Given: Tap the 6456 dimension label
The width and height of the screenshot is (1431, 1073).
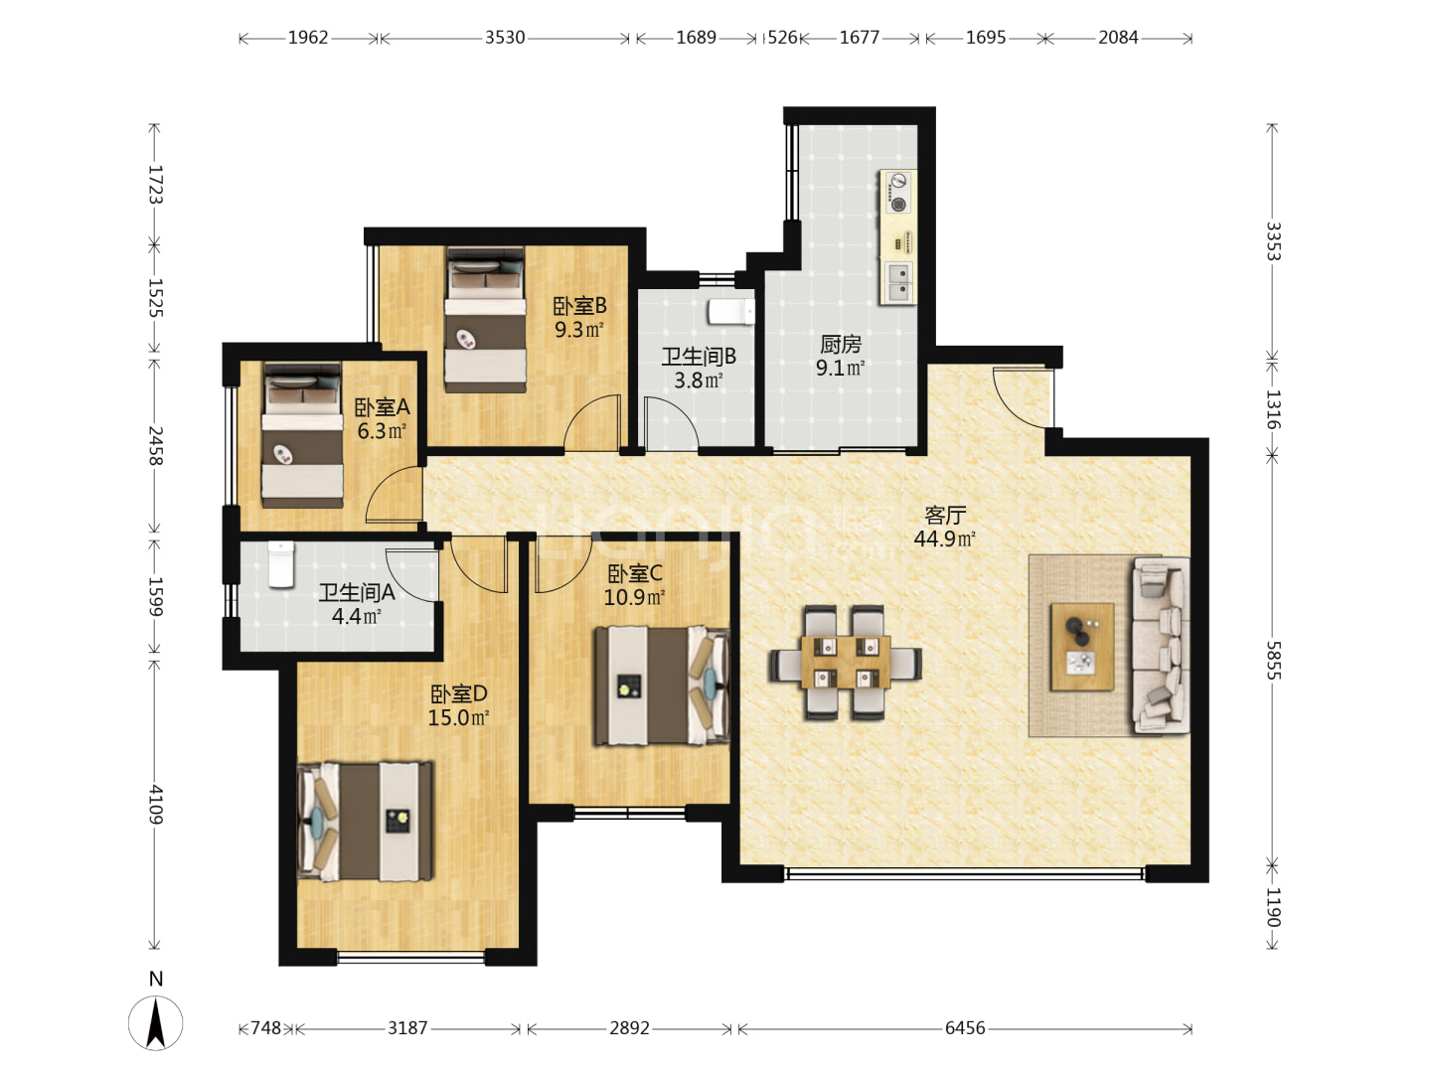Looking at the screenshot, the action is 965,1028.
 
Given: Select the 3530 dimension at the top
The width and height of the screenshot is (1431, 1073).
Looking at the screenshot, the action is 505,37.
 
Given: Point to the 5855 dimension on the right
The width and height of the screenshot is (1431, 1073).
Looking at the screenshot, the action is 1273,660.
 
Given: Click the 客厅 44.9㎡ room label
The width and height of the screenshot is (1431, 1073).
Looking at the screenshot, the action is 945,527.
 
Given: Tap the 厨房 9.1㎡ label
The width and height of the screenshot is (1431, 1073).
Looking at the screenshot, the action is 841,356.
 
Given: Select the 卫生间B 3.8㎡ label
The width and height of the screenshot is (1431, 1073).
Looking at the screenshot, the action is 699,368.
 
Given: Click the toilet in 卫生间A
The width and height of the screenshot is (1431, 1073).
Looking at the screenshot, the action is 281,564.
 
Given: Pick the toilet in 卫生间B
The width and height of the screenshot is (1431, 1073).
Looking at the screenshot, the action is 731,311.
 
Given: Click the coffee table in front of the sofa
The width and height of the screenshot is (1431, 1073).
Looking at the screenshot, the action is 1082,646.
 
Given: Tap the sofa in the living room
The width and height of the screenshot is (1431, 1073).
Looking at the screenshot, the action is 1161,646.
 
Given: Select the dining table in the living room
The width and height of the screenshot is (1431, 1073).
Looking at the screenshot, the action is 846,662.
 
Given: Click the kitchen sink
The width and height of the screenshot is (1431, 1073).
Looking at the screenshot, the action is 898,281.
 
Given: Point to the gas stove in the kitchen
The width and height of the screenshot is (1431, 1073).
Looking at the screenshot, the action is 897,193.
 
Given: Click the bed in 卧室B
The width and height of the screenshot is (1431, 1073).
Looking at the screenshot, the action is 486,319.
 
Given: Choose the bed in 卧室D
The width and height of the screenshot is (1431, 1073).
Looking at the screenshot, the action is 365,822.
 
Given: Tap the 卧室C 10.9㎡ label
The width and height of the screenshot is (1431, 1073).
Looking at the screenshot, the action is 634,585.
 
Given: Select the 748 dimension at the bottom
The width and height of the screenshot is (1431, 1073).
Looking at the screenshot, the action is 265,1028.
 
